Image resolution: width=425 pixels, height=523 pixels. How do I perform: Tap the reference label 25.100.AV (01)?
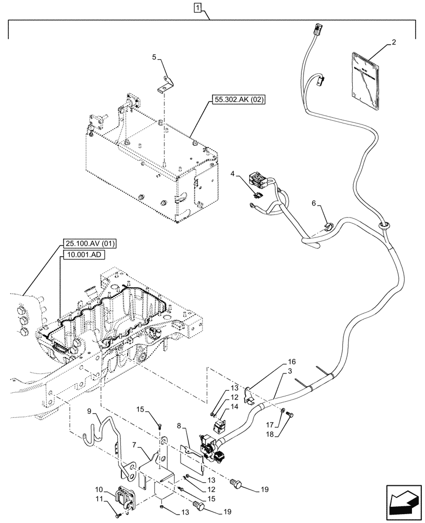pyautogui.click(x=90, y=244)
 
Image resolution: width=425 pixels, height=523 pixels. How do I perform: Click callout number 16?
pyautogui.click(x=292, y=361)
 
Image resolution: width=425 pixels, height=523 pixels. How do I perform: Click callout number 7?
pyautogui.click(x=136, y=445)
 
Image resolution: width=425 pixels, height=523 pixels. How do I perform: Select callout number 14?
pyautogui.click(x=234, y=406)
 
